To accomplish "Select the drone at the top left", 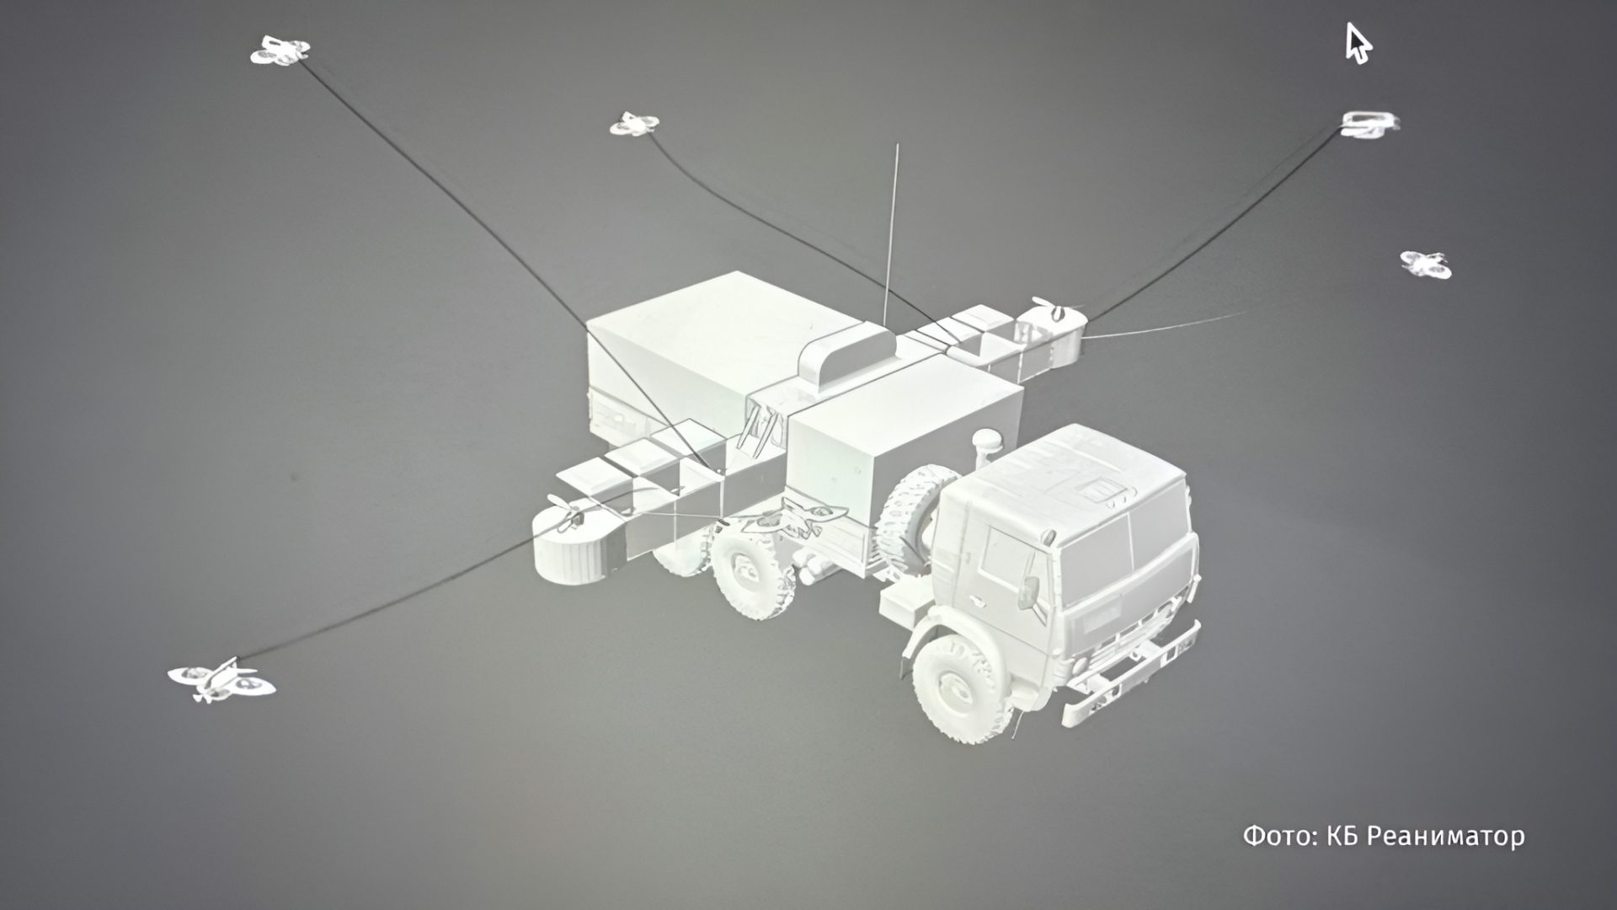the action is pos(280,51).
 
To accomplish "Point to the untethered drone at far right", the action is pos(1426,264).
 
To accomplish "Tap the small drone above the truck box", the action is pos(634,125).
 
